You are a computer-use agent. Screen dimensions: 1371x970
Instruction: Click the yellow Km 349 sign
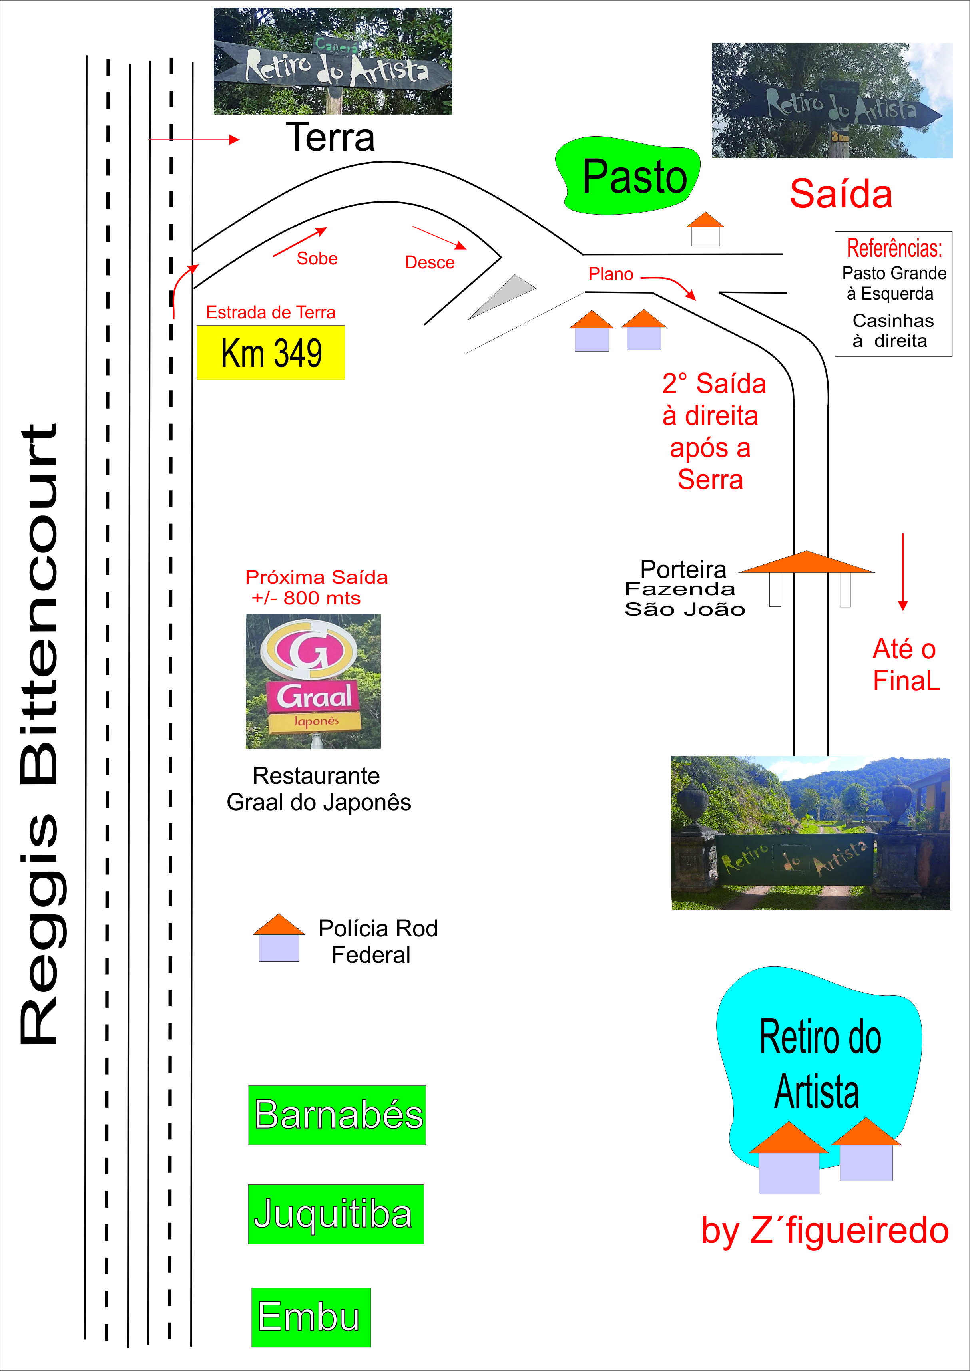point(271,352)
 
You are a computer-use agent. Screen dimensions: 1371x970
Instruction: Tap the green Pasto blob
point(628,176)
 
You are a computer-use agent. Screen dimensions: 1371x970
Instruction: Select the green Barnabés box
point(337,1115)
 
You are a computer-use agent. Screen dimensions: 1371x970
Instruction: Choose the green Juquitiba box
point(336,1214)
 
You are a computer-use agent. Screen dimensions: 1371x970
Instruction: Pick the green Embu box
point(311,1317)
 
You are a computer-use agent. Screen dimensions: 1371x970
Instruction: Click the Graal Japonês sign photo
point(313,681)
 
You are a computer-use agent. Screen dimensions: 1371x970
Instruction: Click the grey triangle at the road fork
point(502,296)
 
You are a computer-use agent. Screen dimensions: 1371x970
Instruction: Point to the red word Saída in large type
point(841,194)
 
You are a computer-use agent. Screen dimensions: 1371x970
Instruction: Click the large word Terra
point(330,137)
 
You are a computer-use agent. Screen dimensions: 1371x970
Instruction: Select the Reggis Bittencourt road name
point(40,735)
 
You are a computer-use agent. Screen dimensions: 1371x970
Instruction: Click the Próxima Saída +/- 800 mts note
point(316,587)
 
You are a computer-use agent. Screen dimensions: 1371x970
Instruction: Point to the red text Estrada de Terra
point(271,312)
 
